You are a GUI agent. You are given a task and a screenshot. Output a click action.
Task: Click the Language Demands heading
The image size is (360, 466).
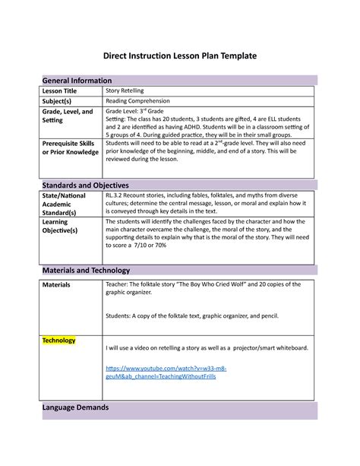(75, 407)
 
